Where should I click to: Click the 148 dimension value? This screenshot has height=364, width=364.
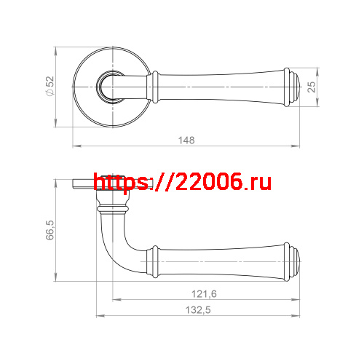(x=187, y=140)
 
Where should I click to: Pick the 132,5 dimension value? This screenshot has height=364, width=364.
(x=197, y=310)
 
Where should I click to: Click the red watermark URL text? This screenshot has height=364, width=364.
(x=183, y=183)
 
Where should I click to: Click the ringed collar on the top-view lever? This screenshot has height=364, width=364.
(x=154, y=86)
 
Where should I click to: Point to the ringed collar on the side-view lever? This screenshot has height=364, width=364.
(x=154, y=259)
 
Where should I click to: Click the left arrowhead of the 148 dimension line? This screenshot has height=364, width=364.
(x=75, y=146)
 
